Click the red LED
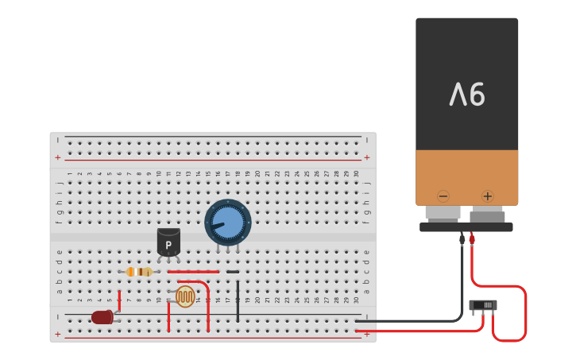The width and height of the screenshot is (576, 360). point(102,317)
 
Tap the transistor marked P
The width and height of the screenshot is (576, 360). point(168,242)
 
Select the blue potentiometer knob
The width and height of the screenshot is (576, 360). point(228,222)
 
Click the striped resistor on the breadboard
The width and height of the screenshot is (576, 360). point(139,272)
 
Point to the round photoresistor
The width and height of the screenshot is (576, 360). point(185,296)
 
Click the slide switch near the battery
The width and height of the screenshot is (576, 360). point(483,305)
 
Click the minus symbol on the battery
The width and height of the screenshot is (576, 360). point(443,196)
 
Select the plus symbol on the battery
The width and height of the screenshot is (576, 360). point(487,196)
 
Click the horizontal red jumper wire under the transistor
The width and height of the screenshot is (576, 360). point(193,272)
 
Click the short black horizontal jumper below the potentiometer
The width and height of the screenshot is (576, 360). point(232,272)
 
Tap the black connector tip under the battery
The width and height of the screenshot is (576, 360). point(462,238)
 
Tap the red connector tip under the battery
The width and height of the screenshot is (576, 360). point(472,238)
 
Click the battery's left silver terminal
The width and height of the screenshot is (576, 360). point(443,212)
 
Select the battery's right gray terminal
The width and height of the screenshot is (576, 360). point(487,215)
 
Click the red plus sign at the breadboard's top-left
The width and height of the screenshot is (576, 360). point(57,157)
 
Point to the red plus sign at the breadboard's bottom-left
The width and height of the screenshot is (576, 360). point(57,335)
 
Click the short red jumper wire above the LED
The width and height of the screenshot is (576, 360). point(119,300)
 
